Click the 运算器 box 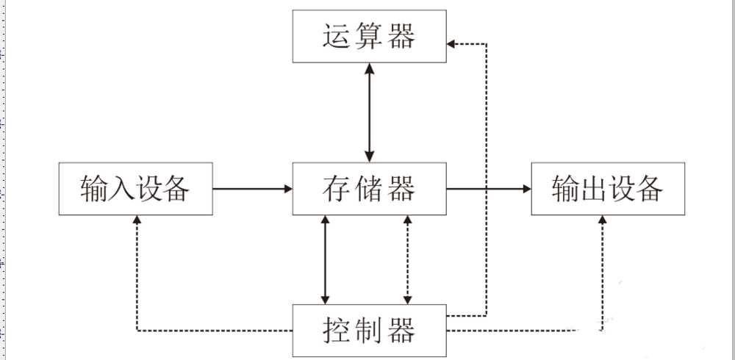coord(369,37)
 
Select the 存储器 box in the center coord(369,189)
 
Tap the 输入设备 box coord(135,189)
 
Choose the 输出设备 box coord(608,189)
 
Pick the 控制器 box coord(369,331)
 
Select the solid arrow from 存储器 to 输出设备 coord(488,189)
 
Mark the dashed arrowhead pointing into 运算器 coord(453,44)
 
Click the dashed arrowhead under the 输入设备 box coord(137,221)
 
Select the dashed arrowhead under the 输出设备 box coord(603,221)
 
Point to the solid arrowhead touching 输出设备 coord(526,189)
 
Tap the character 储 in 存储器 coord(369,189)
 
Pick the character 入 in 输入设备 coord(117,189)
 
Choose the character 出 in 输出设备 coord(589,189)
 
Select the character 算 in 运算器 coord(369,37)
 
